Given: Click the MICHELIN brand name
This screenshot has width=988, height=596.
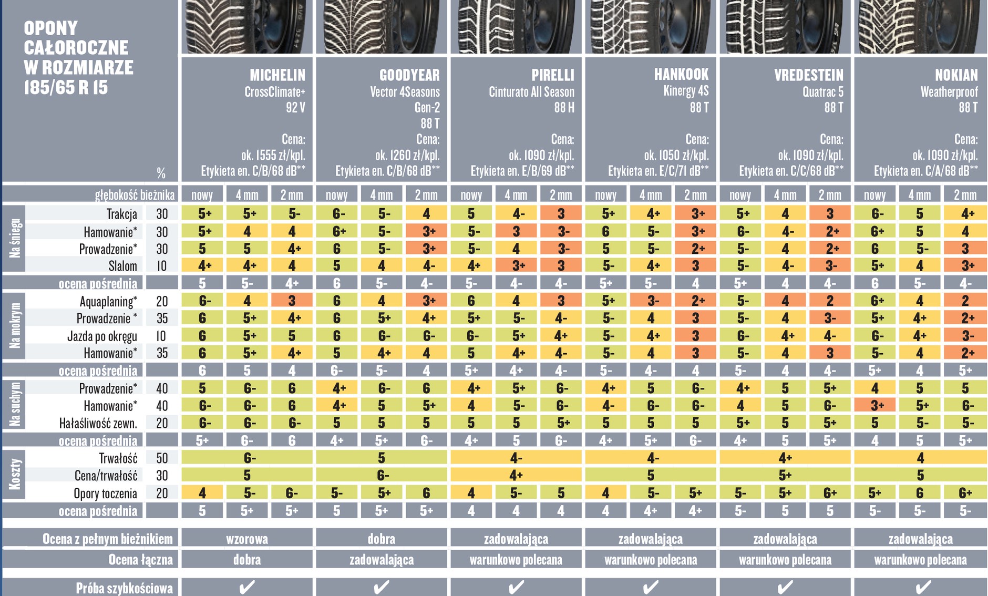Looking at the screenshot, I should tap(277, 75).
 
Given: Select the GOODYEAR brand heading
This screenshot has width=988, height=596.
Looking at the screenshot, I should tap(409, 75).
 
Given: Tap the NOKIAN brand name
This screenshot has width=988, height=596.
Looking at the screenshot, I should tap(956, 75).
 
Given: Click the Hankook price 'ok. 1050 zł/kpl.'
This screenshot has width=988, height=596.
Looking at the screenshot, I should tap(676, 156).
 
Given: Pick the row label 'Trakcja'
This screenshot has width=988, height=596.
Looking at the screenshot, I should tap(121, 214).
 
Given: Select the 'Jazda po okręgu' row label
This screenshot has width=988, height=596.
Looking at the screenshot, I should tap(102, 336).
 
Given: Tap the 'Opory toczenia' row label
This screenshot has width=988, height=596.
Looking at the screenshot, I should tap(105, 494).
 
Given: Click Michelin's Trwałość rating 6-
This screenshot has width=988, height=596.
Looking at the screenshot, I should tap(247, 458).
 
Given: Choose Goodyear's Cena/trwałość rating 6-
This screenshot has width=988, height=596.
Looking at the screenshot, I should tap(382, 476).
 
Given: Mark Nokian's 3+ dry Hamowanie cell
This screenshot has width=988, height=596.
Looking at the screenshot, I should tap(874, 406).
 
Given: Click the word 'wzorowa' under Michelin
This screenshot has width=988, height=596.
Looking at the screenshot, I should tap(247, 539).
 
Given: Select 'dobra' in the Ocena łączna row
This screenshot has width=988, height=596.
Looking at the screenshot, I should tap(247, 560).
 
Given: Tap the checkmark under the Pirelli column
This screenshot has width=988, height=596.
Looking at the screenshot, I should tap(516, 587).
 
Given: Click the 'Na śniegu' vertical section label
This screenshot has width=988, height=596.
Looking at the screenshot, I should tap(15, 238).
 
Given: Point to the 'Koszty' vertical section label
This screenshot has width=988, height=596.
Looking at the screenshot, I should tap(15, 474).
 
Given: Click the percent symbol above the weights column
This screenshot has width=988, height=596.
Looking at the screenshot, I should tap(161, 173).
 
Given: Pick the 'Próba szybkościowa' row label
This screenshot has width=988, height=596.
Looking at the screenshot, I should tap(124, 588).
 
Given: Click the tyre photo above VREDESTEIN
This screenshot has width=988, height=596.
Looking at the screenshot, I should tap(785, 26).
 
